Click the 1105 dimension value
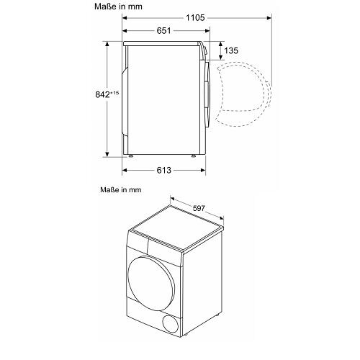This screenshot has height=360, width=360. [195, 18]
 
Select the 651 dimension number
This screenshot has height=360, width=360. [163, 31]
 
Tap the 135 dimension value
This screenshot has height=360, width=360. [231, 50]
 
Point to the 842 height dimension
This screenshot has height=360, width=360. [102, 94]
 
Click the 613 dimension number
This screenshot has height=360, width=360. [164, 170]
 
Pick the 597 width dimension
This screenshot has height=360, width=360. [199, 208]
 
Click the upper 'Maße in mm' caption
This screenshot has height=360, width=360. [118, 6]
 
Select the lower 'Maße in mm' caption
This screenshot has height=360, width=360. [121, 190]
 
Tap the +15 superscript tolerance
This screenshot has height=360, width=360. [114, 93]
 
